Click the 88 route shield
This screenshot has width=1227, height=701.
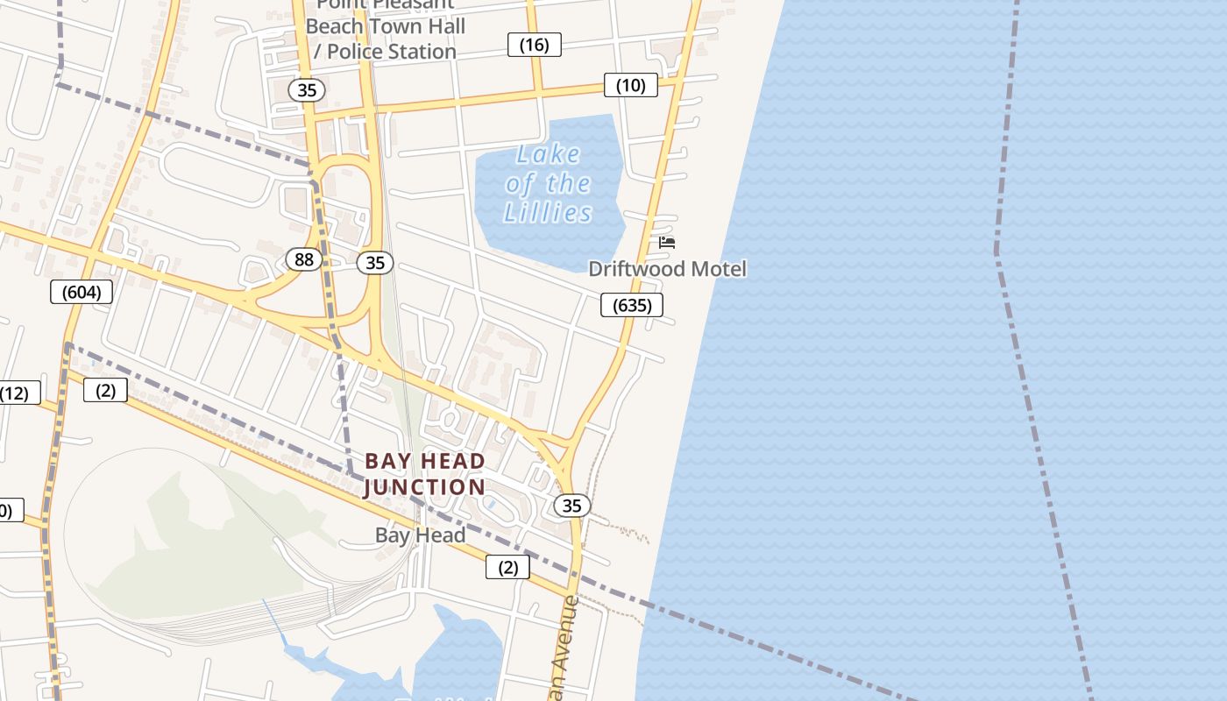(304, 259)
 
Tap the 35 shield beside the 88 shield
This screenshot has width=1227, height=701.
(375, 262)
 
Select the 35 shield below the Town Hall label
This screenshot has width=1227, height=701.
(306, 89)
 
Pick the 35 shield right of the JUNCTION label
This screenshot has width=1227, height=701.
(571, 506)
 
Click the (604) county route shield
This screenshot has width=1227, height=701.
(82, 292)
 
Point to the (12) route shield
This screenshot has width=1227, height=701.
(15, 393)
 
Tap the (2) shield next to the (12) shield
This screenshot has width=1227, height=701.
(105, 390)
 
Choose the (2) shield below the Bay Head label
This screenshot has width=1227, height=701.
(507, 567)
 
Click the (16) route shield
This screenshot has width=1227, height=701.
(534, 45)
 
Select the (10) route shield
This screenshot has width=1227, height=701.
(630, 85)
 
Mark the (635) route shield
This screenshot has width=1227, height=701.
(631, 305)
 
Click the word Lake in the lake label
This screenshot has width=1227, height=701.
(548, 155)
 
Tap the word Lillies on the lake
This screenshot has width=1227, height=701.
(548, 213)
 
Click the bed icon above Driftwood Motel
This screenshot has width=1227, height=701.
(667, 243)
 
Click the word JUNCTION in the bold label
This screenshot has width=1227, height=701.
(424, 487)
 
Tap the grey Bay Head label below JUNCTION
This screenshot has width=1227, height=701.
(420, 535)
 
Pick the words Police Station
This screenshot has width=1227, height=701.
(392, 52)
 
